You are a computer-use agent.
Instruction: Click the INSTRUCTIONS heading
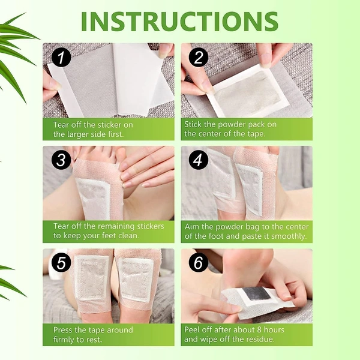179,21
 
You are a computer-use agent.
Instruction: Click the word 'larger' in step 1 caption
80,134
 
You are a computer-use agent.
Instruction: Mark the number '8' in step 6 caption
257,329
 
